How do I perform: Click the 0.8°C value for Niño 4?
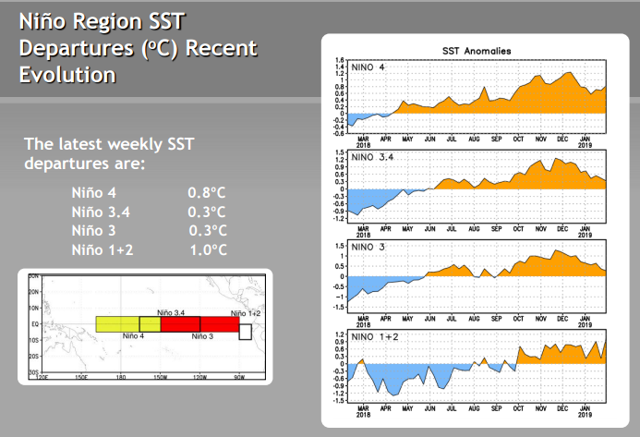[206, 193]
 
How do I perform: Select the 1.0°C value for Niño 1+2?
[206, 250]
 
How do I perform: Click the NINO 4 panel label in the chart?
[368, 67]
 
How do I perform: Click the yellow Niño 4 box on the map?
[118, 323]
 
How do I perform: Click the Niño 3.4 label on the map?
[172, 314]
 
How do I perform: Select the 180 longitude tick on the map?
[120, 377]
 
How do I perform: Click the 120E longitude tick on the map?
[42, 377]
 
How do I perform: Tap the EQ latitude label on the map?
[34, 325]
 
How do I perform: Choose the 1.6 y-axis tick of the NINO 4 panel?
[340, 59]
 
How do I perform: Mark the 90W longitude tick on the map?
[239, 377]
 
